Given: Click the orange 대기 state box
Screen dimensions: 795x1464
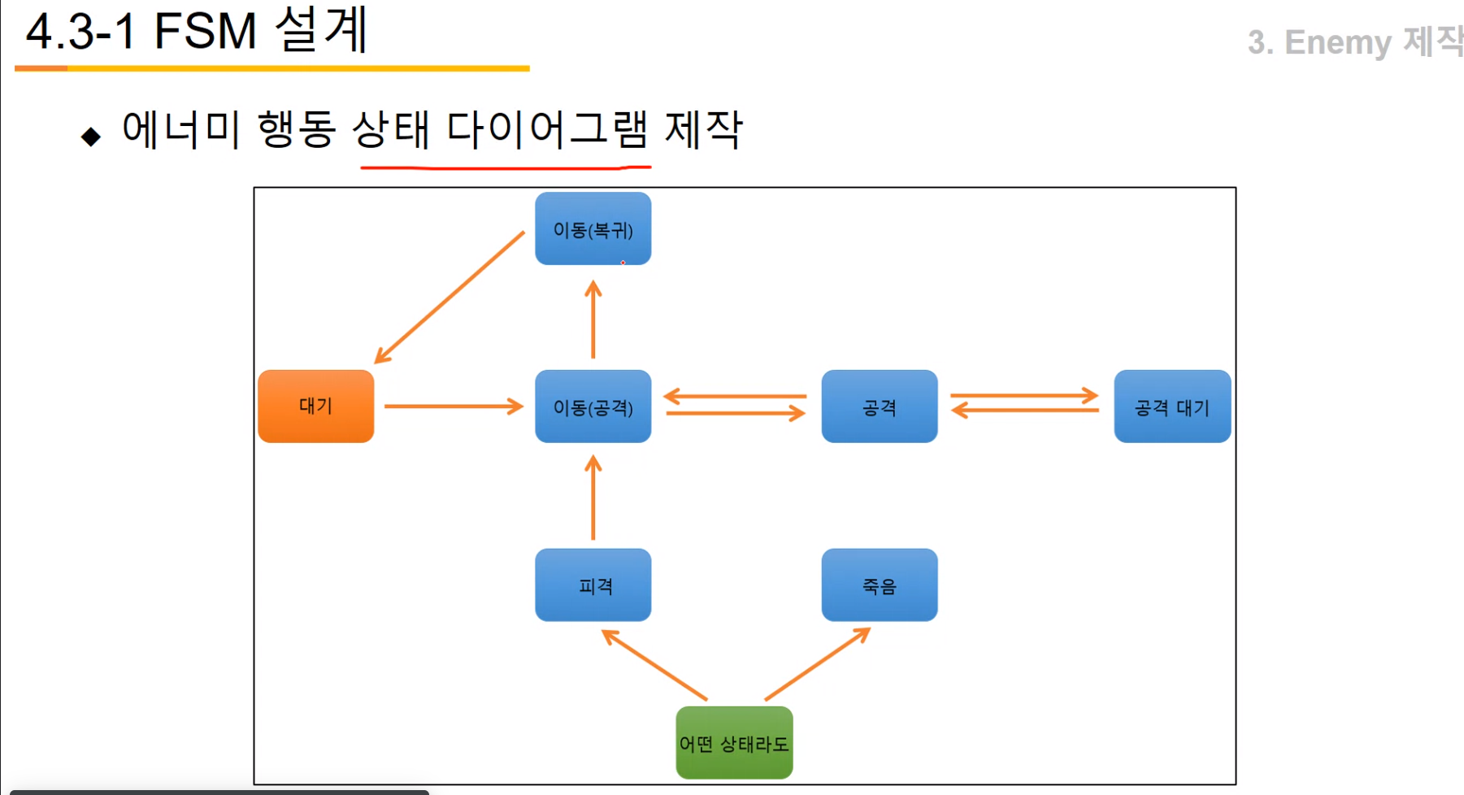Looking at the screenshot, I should pos(315,406).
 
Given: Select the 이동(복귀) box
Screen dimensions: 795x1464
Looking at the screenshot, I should pos(593,229).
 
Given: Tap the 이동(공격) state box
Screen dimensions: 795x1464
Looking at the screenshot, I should pos(593,406).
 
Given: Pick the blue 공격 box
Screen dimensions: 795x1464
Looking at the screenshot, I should pos(879,406).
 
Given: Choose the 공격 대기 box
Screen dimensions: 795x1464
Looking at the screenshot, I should pos(1171,406).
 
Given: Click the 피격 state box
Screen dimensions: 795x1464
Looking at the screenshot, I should pos(593,585).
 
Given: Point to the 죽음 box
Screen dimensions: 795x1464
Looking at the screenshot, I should pos(879,585).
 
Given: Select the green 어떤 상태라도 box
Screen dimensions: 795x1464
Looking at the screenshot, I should pos(734,743).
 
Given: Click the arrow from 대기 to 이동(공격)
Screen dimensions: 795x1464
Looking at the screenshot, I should pos(453,406).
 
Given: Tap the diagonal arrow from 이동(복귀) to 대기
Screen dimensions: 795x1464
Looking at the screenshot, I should pos(449,298).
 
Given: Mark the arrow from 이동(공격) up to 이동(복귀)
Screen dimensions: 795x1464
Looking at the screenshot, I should pos(593,320).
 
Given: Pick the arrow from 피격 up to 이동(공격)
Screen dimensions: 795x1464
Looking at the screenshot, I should pos(593,497).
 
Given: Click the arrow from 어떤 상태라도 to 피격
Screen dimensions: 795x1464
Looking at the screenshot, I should pos(654,665).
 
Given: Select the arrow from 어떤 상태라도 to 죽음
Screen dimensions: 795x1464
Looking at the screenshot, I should pos(817,664).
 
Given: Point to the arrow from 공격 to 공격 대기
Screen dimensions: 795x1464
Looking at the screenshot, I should pos(1024,396).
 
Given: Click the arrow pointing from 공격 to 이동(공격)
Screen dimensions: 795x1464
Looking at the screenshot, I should pos(735,397).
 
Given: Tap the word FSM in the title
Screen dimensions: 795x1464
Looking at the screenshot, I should pos(205,33).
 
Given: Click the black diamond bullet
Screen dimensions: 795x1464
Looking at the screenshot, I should pos(91,136).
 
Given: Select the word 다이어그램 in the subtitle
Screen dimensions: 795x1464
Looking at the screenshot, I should pos(547,129).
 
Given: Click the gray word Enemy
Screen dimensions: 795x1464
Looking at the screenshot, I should pos(1337,42).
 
